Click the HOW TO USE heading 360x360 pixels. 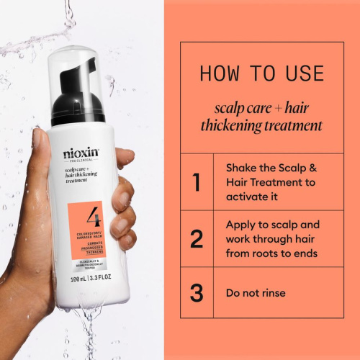261,73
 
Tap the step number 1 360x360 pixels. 196,182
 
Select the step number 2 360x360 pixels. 196,239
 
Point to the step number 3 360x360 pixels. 196,293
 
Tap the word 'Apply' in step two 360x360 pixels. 241,223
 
